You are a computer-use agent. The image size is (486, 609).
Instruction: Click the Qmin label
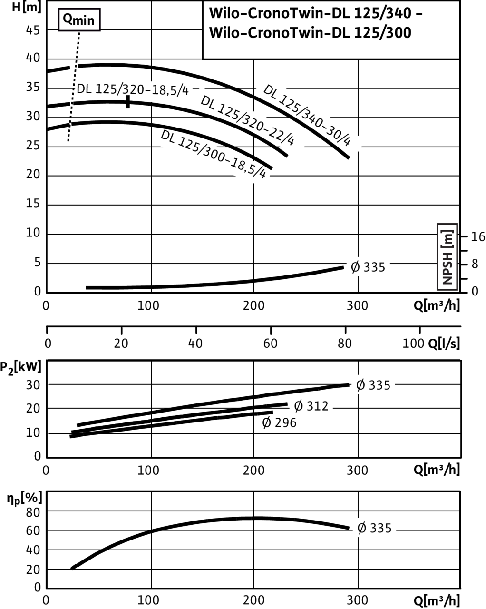pyautogui.click(x=79, y=20)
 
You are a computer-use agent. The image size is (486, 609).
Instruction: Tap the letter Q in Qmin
pyautogui.click(x=68, y=19)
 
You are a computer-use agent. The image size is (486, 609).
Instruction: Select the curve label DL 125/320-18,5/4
pyautogui.click(x=133, y=90)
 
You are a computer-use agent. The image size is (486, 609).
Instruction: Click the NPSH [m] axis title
pyautogui.click(x=447, y=257)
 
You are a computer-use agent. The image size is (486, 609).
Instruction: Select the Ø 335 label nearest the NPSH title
pyautogui.click(x=368, y=267)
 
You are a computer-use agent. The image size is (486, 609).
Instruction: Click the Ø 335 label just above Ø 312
pyautogui.click(x=373, y=385)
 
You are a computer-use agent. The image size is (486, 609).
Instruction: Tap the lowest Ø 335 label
pyautogui.click(x=374, y=528)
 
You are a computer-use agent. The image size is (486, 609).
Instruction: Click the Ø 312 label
pyautogui.click(x=311, y=406)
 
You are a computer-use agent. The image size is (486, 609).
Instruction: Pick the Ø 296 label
pyautogui.click(x=279, y=422)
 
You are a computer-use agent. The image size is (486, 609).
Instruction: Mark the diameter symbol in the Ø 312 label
pyautogui.click(x=299, y=406)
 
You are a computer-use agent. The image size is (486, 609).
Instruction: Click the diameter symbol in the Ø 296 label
pyautogui.click(x=267, y=422)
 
